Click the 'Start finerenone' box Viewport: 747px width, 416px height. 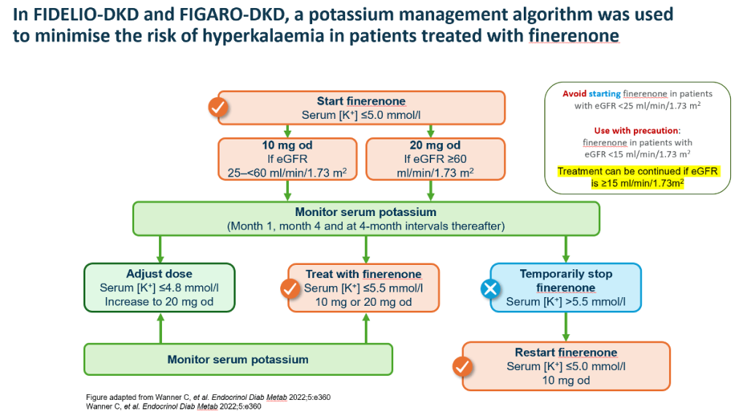[361, 108]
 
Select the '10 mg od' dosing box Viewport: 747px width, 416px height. [289, 158]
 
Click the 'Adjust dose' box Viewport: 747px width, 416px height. [159, 288]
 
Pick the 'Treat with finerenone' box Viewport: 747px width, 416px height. [363, 288]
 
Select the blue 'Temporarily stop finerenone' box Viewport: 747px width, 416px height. [565, 288]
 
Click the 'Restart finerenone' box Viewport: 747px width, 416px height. [565, 366]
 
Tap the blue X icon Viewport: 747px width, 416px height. [490, 290]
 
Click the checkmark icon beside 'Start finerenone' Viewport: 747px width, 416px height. [218, 108]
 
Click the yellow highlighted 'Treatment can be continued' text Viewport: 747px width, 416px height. [638, 177]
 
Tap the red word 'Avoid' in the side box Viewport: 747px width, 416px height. [574, 94]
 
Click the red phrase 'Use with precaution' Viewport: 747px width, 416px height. [637, 130]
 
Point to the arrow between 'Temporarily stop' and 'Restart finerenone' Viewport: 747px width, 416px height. [565, 326]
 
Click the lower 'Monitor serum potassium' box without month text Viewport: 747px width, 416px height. [238, 359]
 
